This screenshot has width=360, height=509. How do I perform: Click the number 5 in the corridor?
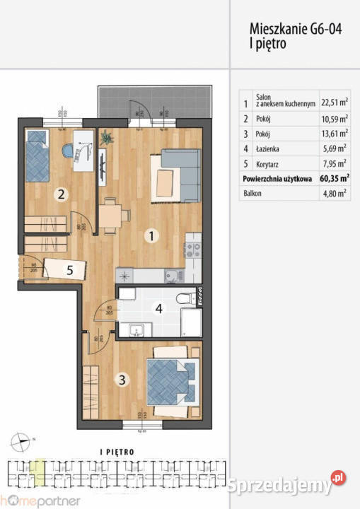[69, 269]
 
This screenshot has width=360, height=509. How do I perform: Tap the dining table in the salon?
[112, 216]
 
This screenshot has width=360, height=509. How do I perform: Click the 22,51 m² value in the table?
[335, 101]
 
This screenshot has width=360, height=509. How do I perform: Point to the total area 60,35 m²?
[335, 180]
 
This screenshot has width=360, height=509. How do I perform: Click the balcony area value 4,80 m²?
[334, 194]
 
